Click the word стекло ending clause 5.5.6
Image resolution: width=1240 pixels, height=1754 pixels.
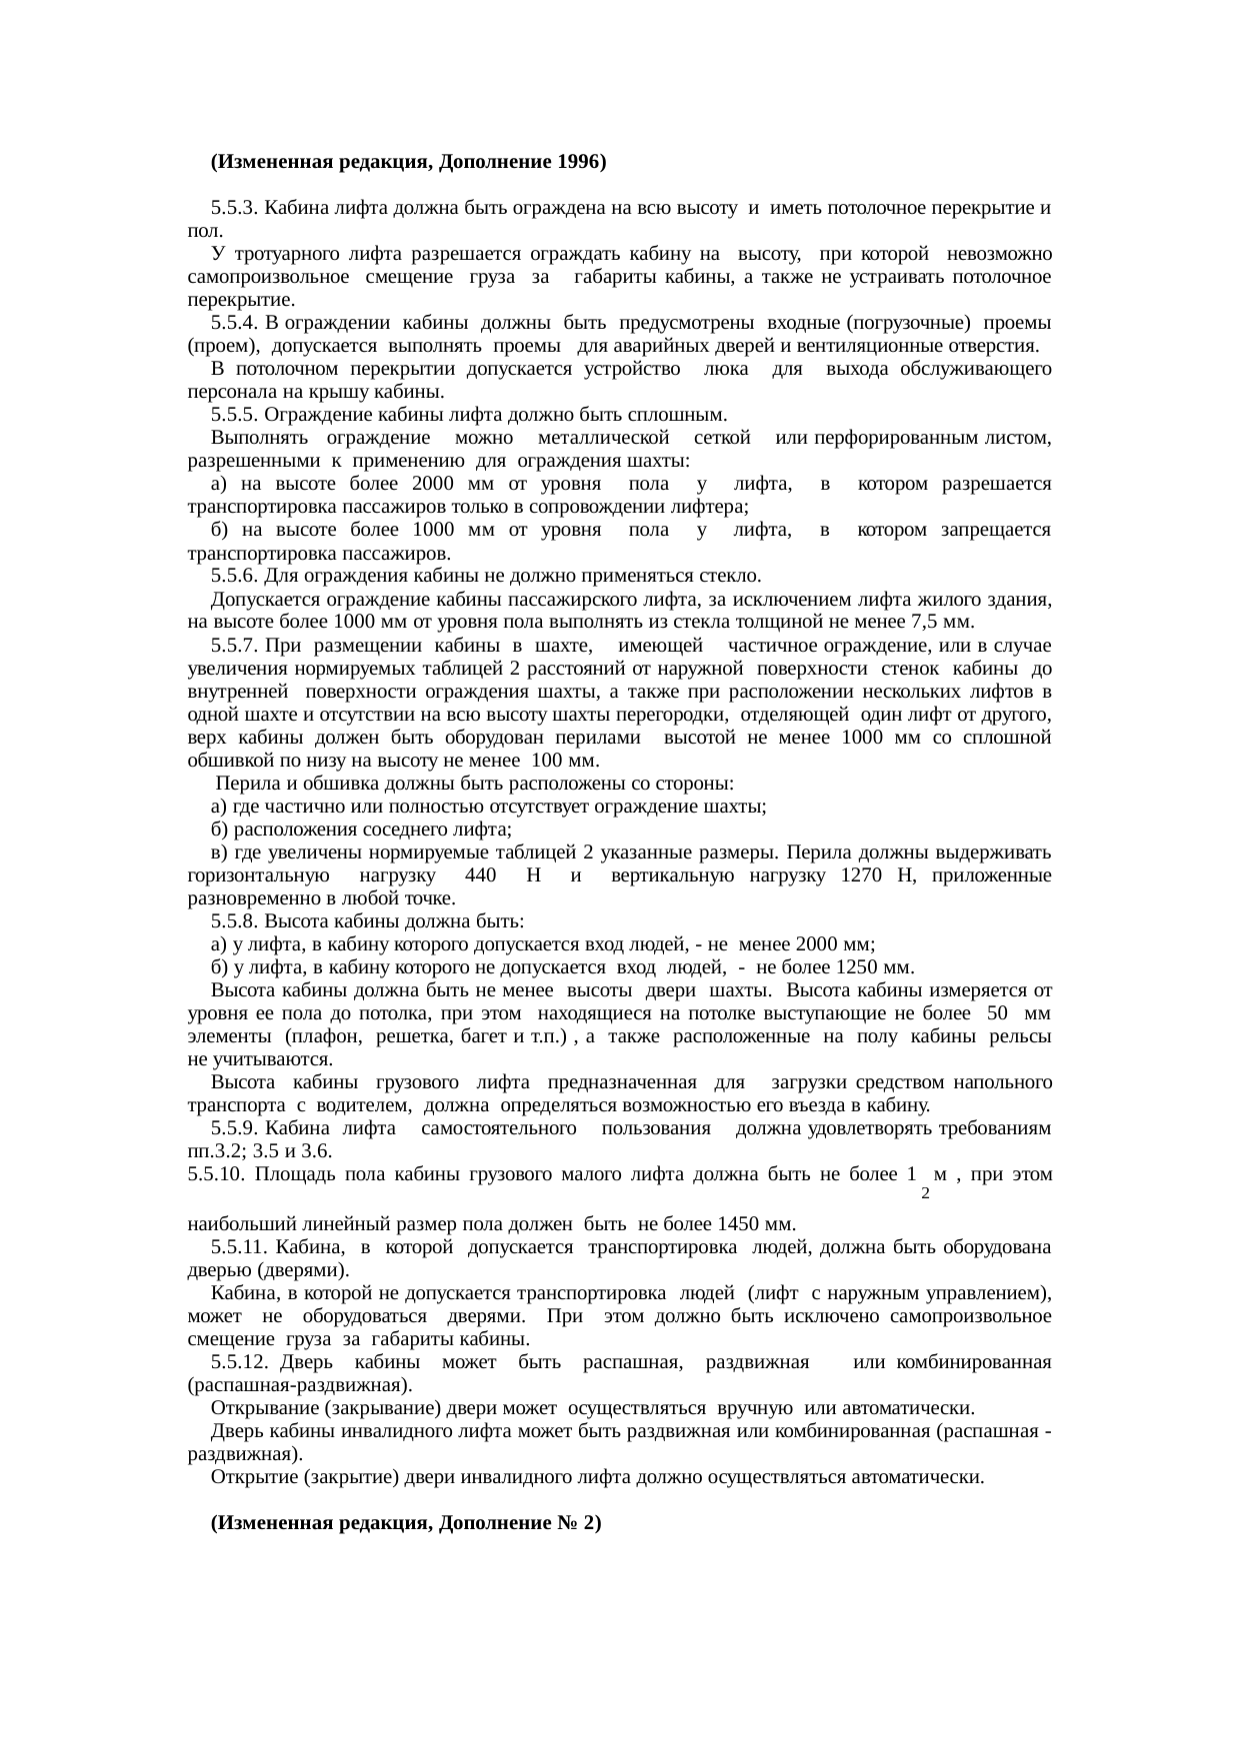point(735,577)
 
